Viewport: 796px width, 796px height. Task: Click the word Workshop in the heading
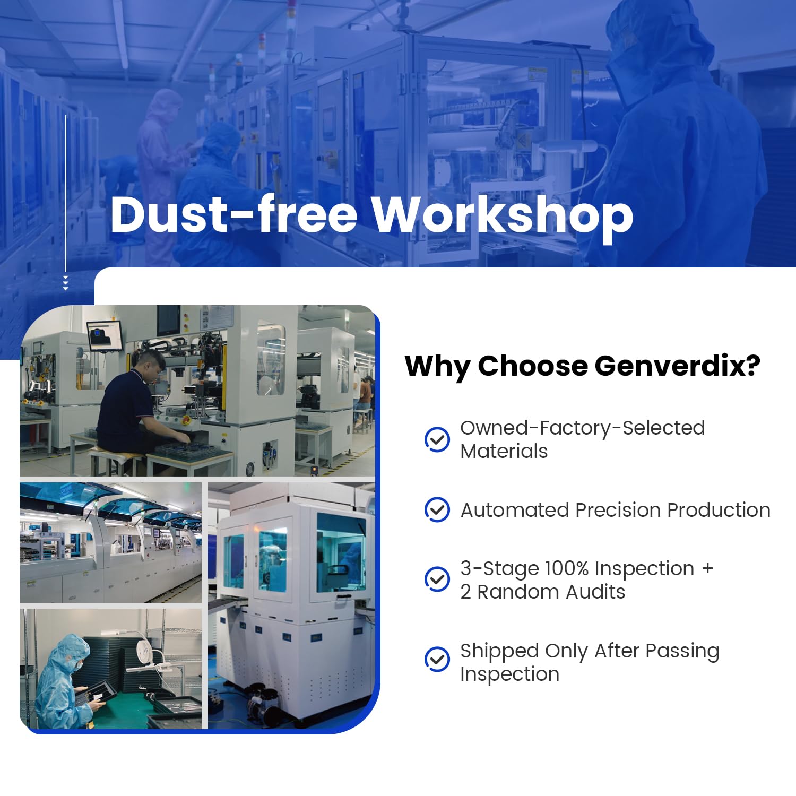[x=502, y=215]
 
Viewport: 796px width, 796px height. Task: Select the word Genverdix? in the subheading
[x=677, y=366]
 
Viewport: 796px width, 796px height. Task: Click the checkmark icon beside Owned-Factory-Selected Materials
[x=437, y=439]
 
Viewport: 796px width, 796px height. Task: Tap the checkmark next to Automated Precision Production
[x=437, y=509]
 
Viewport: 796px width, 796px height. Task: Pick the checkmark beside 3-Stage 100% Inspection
[x=437, y=579]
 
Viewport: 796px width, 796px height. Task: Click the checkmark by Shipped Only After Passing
[x=437, y=660]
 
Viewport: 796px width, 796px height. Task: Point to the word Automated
[x=515, y=510]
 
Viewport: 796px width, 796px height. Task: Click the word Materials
[x=504, y=451]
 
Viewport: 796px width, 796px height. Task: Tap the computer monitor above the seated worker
[x=105, y=335]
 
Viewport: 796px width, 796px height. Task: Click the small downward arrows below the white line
[x=66, y=283]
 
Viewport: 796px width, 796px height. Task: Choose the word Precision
[x=618, y=510]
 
